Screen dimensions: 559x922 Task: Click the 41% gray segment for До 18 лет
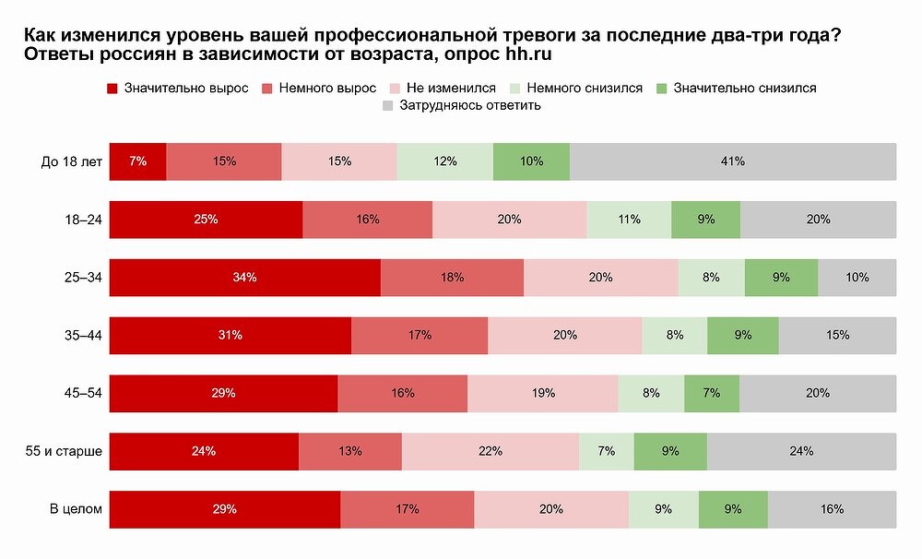(733, 161)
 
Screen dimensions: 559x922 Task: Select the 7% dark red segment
(138, 161)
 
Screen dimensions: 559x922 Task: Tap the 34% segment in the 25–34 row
(245, 278)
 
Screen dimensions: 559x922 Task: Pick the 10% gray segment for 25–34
(857, 278)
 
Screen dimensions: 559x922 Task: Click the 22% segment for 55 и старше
(490, 451)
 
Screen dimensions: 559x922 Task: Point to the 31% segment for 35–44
(230, 336)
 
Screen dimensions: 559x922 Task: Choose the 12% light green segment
(445, 161)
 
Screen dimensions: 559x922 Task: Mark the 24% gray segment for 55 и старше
(801, 451)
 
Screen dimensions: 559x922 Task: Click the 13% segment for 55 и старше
(350, 451)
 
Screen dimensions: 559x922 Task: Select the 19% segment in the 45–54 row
(543, 393)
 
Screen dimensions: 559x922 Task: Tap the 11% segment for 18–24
(629, 220)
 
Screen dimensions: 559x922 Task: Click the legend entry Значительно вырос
(179, 89)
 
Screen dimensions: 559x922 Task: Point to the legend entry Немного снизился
(575, 89)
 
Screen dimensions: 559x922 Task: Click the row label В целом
(75, 509)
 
